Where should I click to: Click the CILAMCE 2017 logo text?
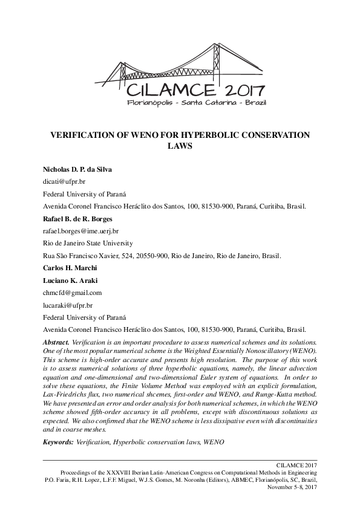tap(195, 91)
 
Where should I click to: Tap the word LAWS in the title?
tap(179, 146)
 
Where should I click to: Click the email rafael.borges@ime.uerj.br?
tap(80, 231)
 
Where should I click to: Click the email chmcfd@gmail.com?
tap(72, 293)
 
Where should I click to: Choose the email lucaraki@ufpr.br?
tap(67, 305)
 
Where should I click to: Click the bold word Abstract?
tap(56, 342)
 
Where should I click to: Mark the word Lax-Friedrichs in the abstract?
tap(63, 392)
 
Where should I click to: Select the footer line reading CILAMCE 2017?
tap(296, 464)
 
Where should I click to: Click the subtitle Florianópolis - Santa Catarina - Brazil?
tap(196, 103)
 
